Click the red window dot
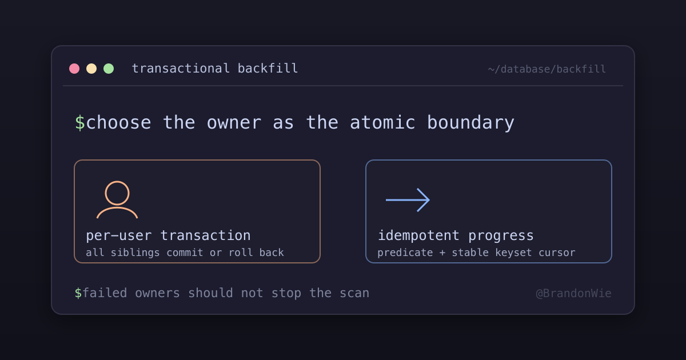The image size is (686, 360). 74,69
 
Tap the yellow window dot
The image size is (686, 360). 91,69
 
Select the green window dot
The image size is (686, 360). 109,69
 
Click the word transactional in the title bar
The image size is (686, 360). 181,68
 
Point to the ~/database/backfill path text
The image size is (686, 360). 547,69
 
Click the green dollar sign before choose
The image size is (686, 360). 79,123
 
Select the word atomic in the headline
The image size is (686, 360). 382,122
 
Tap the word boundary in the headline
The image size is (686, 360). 470,123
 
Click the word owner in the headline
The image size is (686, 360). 234,123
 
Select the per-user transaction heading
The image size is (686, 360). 168,235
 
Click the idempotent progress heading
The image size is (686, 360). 456,235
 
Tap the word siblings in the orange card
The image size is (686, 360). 135,253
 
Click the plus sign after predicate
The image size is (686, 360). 442,253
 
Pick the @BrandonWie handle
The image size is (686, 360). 573,293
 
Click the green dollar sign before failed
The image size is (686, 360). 78,293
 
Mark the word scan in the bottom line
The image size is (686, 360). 354,293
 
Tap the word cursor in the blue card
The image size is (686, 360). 557,253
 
